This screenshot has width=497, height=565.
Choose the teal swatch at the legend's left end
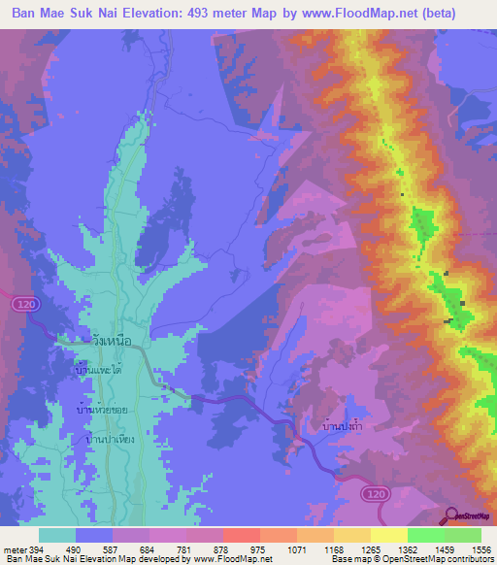[57, 535]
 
